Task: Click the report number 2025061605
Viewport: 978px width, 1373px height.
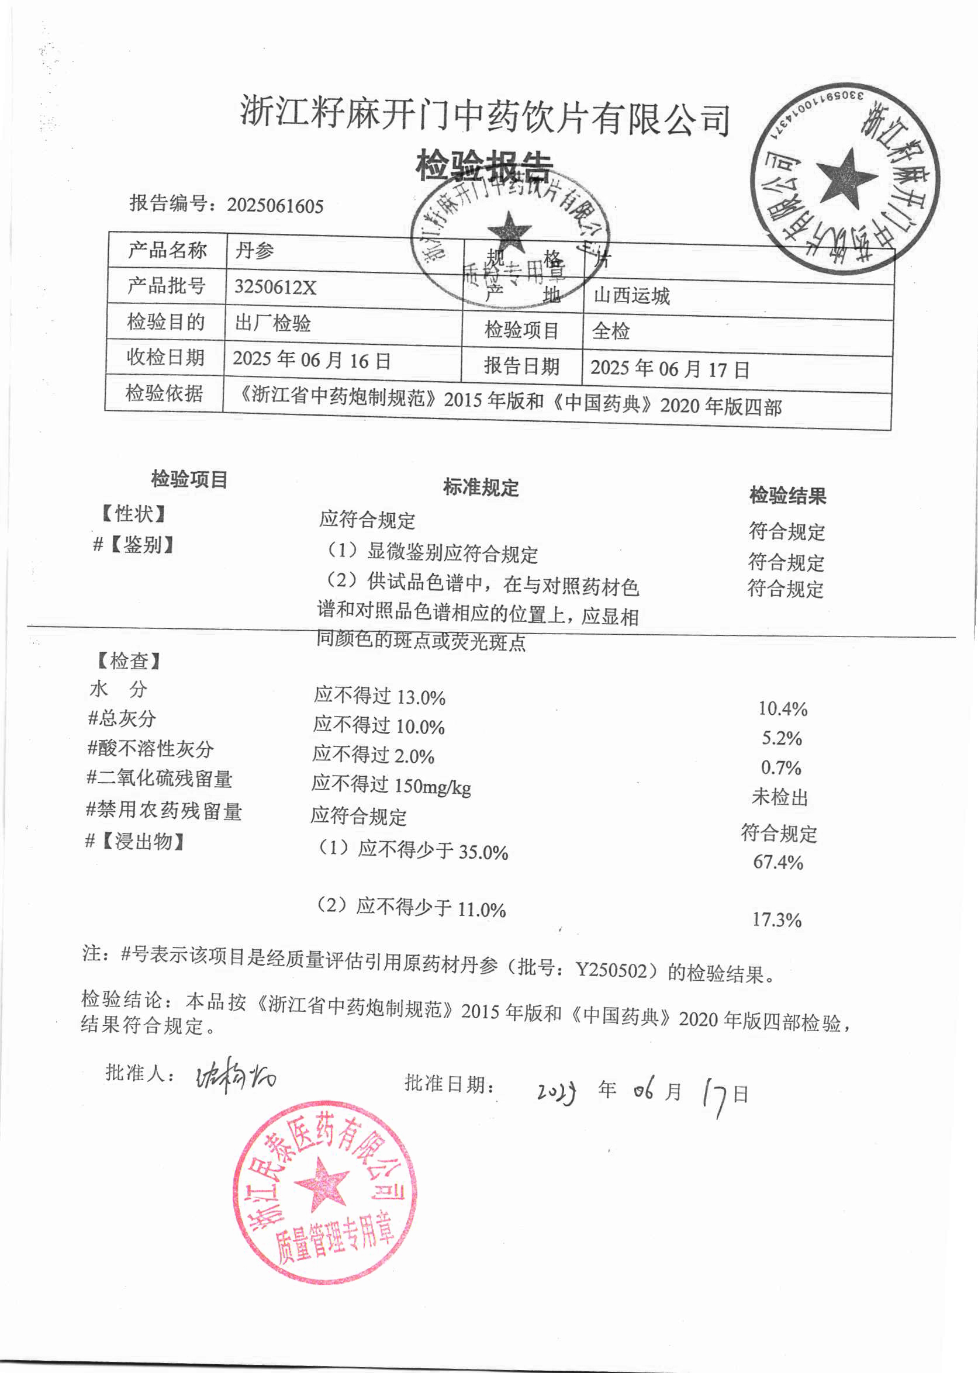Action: [x=275, y=206]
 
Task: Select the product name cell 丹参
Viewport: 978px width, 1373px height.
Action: [x=254, y=251]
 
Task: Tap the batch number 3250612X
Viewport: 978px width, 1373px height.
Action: [x=275, y=286]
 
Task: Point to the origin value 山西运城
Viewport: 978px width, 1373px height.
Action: [x=631, y=296]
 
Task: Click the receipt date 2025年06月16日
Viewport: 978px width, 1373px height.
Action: [x=312, y=360]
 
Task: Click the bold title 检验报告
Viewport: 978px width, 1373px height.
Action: [x=483, y=165]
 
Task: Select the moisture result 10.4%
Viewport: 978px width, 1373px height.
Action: [x=782, y=709]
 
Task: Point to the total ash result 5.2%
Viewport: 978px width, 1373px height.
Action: [x=782, y=738]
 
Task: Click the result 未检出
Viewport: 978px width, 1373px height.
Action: [x=780, y=797]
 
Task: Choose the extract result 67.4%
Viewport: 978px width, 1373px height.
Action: [x=778, y=862]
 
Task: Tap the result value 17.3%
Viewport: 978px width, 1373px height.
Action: [x=777, y=920]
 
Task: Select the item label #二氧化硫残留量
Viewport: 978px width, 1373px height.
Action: [x=160, y=779]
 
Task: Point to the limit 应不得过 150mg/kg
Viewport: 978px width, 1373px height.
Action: [x=391, y=785]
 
